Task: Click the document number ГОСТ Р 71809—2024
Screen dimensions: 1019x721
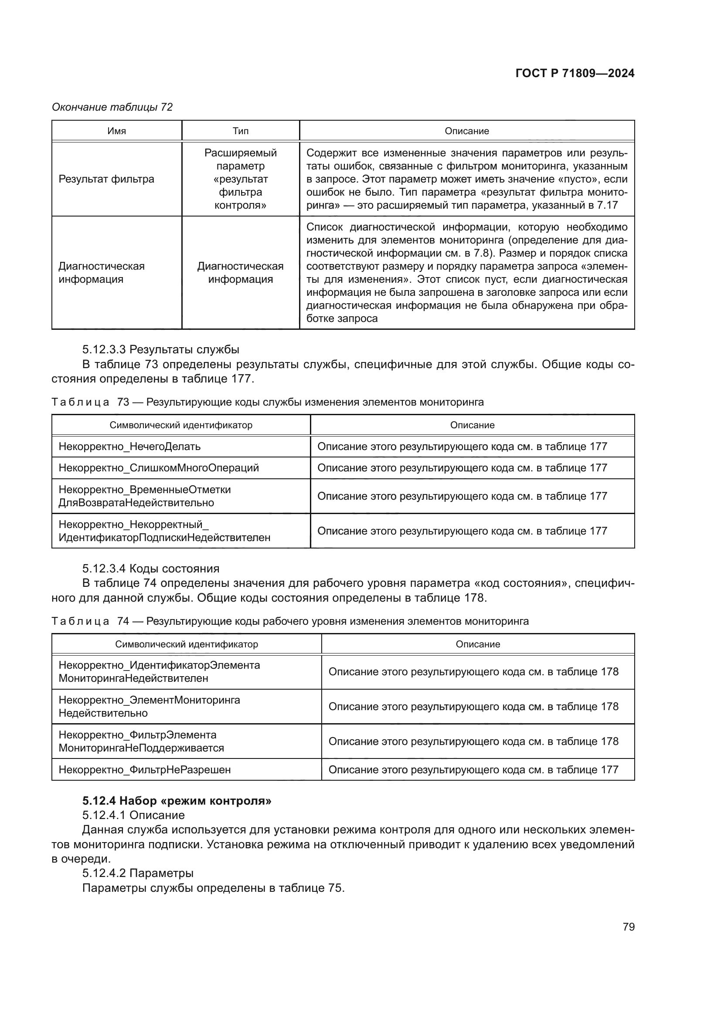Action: coord(575,73)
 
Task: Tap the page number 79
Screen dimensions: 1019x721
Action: coord(628,927)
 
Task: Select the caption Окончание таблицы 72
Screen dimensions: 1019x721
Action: coord(112,107)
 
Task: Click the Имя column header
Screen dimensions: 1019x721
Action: coord(117,131)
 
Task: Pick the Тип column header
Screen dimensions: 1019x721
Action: coord(240,131)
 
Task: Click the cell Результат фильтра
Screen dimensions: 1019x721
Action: coord(106,179)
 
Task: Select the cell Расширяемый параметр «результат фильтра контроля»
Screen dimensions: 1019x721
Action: coord(240,179)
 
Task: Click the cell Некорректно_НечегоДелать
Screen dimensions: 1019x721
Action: coord(129,447)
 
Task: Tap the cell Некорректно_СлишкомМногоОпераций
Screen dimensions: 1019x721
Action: coord(159,468)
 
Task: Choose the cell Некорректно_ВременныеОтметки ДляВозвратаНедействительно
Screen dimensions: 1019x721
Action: coord(145,496)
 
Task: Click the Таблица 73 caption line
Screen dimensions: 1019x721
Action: coord(267,402)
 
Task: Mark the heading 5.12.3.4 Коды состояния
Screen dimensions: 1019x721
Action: coord(150,569)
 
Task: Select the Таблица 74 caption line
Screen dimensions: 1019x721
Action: coord(289,621)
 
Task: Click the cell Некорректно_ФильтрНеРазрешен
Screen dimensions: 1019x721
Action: coord(145,769)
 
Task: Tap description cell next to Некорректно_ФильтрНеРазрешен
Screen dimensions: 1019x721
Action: coord(473,769)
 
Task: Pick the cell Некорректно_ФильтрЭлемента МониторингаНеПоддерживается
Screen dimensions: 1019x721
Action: coord(142,741)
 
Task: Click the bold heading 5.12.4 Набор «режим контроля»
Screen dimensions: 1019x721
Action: coord(177,801)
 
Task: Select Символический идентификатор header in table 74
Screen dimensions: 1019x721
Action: coord(187,644)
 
